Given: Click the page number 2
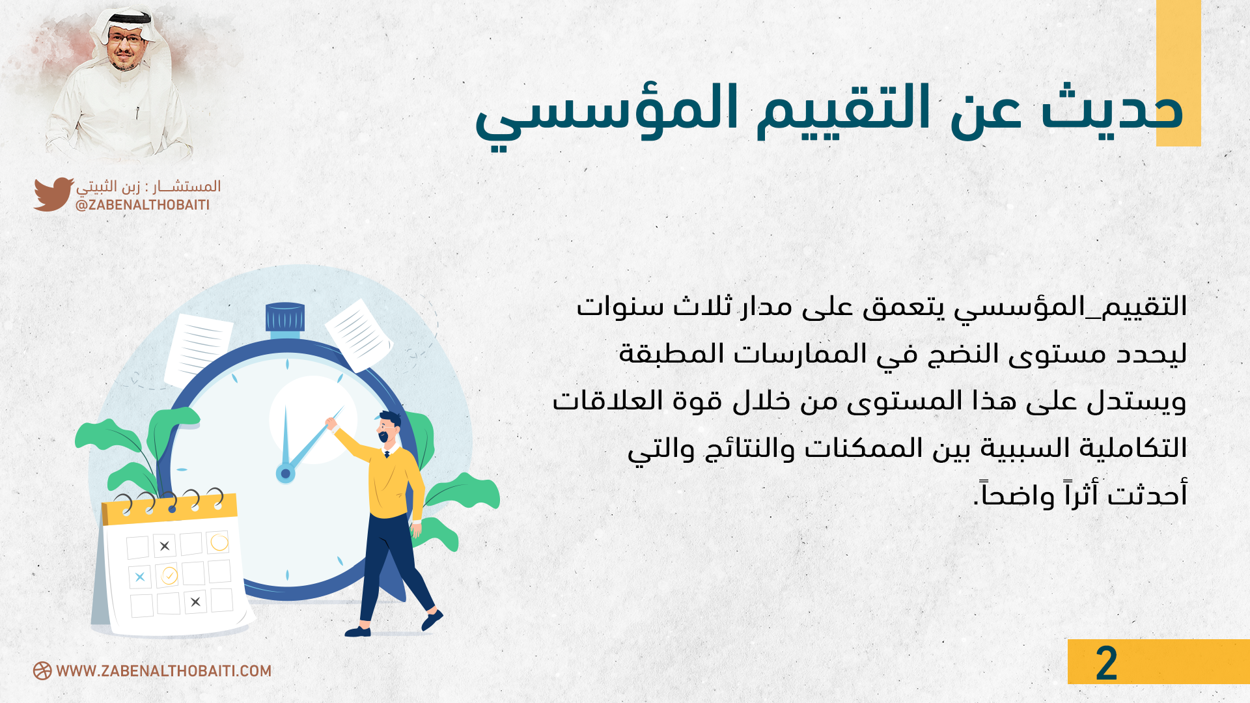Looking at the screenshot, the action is (x=1106, y=663).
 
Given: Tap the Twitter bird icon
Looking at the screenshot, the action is (x=53, y=194).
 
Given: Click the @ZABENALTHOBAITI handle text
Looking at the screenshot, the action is (x=143, y=205).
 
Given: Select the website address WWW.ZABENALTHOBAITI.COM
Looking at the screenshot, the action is (x=163, y=671).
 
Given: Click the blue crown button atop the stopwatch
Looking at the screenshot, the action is (x=285, y=317).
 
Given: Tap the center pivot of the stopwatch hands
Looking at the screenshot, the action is (x=285, y=473).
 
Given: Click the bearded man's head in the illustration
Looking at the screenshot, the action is (x=389, y=428).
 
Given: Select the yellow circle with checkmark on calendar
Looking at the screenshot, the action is (x=169, y=575).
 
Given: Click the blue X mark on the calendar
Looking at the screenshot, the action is (x=140, y=577).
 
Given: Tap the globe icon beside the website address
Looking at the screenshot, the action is (x=42, y=671).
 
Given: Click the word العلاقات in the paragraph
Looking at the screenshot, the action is (x=607, y=400).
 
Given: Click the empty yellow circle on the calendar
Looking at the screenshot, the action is (x=219, y=542).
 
